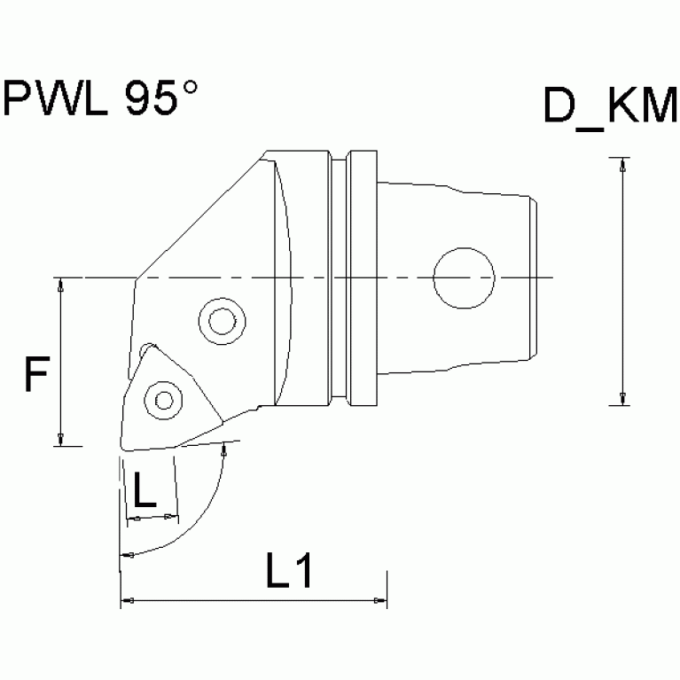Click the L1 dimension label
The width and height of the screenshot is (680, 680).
pyautogui.click(x=288, y=571)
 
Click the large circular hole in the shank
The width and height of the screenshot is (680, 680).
pyautogui.click(x=464, y=277)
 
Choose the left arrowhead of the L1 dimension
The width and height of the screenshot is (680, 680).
pyautogui.click(x=126, y=602)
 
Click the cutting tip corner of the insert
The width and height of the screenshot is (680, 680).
pyautogui.click(x=119, y=443)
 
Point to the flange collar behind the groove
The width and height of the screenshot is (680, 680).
pyautogui.click(x=363, y=277)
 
